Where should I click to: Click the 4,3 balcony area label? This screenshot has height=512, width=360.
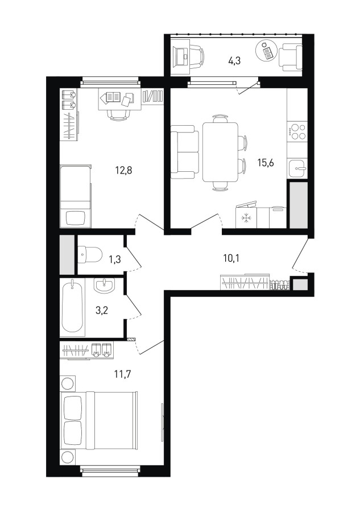pos(234,61)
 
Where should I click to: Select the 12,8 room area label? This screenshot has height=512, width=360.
pos(123,170)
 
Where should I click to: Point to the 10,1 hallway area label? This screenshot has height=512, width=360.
pos(231,259)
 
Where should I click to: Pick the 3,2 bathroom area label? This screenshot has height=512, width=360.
pos(101,310)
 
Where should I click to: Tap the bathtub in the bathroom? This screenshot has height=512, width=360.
pos(72,307)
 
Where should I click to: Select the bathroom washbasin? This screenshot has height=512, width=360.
pos(104,286)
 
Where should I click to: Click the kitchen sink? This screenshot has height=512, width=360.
pos(297,168)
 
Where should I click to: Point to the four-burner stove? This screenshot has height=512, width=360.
pos(297,131)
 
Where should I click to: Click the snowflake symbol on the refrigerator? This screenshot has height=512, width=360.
pos(245,217)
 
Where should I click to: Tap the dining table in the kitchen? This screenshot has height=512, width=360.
pos(220,152)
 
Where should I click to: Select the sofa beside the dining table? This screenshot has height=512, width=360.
pos(185,152)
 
